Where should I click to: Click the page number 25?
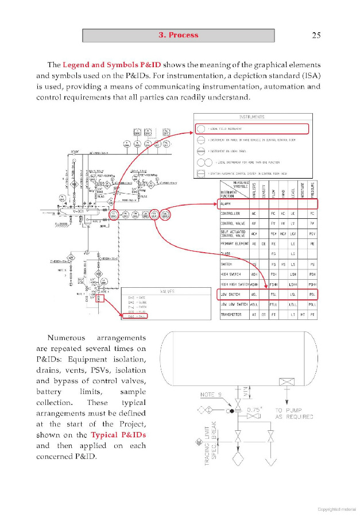click(x=316, y=35)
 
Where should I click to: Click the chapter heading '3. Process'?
click(x=179, y=35)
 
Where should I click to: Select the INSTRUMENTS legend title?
click(x=251, y=117)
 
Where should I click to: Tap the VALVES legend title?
click(x=167, y=292)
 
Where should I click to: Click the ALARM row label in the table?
click(x=226, y=203)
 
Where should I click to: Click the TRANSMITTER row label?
click(x=233, y=315)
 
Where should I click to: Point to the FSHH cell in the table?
click(x=274, y=284)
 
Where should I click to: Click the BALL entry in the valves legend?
click(x=141, y=316)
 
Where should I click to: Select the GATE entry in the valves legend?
click(x=141, y=298)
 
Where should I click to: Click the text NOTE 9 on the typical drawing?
click(x=211, y=395)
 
